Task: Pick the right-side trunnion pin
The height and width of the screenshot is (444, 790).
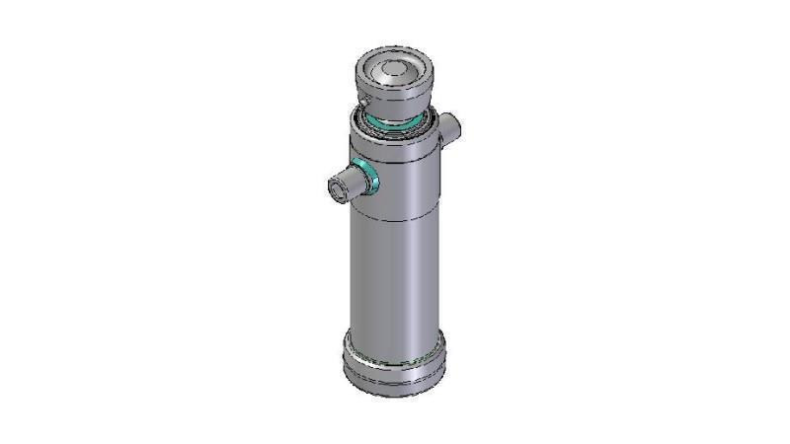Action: point(450,128)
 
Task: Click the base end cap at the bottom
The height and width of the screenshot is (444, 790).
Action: point(392,365)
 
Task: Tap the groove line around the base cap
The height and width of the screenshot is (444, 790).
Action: point(392,376)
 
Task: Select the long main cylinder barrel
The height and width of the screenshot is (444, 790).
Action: point(393,276)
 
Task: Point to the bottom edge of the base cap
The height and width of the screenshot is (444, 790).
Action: point(392,394)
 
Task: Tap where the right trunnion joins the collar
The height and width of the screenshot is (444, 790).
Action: point(439,133)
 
